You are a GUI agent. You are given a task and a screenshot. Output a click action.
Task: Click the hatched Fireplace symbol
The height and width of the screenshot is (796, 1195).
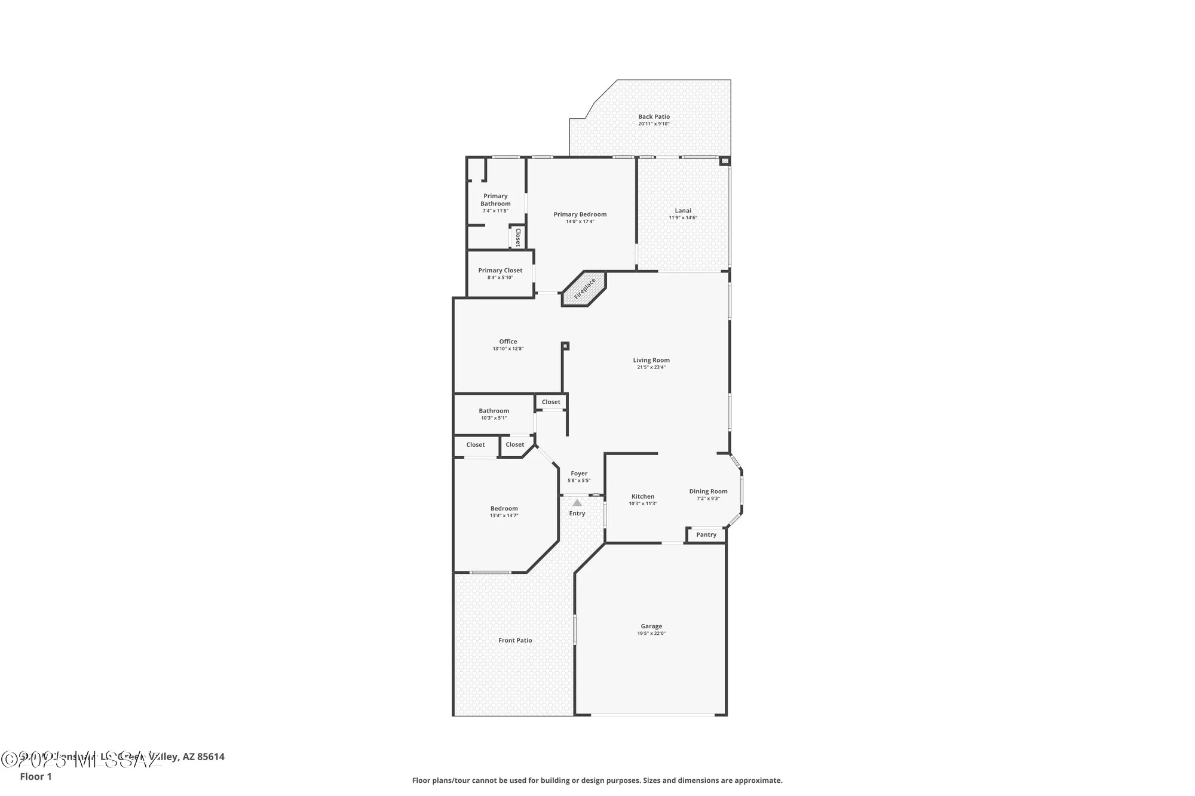coord(585,289)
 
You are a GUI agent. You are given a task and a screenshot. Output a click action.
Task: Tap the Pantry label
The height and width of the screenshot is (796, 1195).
coord(706,535)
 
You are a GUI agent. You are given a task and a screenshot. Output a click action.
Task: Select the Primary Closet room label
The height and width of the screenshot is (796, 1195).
coord(500,271)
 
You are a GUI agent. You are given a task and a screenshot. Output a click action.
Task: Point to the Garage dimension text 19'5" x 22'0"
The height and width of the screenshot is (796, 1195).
coord(651,634)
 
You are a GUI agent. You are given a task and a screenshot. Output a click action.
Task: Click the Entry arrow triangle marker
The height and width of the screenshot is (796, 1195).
coord(577,503)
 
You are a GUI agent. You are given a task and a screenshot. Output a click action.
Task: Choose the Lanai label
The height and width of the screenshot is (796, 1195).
coord(683,210)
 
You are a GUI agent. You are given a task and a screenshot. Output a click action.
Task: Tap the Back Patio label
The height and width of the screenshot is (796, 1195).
coord(654,117)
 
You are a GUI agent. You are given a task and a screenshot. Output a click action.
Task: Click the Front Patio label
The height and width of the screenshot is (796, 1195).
coord(515,640)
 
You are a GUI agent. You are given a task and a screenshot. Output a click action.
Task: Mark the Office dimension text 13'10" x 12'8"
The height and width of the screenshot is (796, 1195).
coord(508,349)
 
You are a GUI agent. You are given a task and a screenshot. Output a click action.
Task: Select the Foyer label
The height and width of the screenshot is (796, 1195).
coord(579,474)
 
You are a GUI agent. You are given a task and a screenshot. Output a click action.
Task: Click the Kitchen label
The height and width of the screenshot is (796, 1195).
coord(643,496)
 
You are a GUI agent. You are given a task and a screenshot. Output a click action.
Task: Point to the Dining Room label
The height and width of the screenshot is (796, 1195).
coord(708,491)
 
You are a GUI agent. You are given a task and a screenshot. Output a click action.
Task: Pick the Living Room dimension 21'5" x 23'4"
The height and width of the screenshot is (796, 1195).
coord(651,367)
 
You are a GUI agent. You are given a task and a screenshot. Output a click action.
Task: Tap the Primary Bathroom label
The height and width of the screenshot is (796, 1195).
coord(495,199)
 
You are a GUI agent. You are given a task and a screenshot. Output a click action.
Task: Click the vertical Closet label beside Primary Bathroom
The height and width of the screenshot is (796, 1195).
coord(518,237)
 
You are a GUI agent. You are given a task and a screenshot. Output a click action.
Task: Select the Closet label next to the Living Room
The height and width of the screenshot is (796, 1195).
coord(551,402)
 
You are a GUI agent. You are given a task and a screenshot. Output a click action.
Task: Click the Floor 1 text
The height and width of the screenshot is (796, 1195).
coord(36,776)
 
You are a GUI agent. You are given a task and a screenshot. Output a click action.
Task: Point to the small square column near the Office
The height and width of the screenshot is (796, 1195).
coord(565,345)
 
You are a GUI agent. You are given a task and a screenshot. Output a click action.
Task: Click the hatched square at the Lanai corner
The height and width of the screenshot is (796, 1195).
coord(725,161)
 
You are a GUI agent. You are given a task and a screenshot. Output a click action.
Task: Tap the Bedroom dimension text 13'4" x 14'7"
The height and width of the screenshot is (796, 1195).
coord(504,515)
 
